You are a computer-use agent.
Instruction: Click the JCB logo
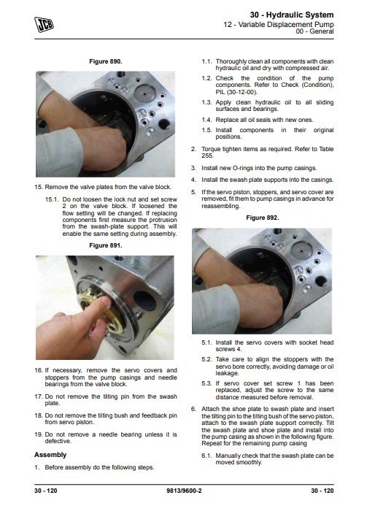[x=44, y=25]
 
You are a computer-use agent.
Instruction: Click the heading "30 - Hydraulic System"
[x=292, y=15]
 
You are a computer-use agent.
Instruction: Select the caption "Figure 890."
[x=106, y=61]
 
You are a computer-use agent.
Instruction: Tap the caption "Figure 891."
[x=106, y=245]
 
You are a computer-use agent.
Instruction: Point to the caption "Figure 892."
[x=262, y=218]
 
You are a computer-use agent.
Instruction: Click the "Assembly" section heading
[x=50, y=455]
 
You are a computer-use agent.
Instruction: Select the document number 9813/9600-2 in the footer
[x=184, y=491]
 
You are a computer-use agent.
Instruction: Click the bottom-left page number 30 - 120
[x=45, y=491]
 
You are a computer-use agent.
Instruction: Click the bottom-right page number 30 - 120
[x=322, y=491]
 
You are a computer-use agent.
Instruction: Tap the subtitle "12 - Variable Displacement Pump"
[x=279, y=24]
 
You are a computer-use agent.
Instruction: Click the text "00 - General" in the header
[x=314, y=31]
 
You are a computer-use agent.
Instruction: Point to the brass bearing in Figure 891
[x=96, y=310]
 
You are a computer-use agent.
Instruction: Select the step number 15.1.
[x=52, y=199]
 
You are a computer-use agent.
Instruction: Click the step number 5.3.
[x=206, y=383]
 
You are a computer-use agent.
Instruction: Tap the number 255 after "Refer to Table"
[x=207, y=156]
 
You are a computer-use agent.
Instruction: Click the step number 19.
[x=39, y=434]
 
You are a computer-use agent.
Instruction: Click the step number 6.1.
[x=206, y=456]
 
